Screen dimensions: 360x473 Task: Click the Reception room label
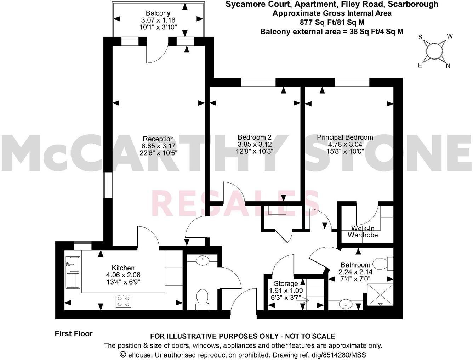[x=158, y=139]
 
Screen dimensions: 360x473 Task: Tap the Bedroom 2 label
[x=254, y=137]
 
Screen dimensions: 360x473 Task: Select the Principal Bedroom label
[x=345, y=137]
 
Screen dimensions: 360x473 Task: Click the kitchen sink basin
[x=73, y=263]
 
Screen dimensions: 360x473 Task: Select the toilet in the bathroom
[x=382, y=264]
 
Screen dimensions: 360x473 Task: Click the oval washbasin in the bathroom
[x=345, y=304]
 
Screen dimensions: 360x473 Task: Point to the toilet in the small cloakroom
[x=202, y=297]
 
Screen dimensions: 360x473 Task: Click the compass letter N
[x=448, y=66]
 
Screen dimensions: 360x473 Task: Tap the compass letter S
[x=421, y=37]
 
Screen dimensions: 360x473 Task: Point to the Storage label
[x=286, y=283]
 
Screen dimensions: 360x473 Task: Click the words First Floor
[x=74, y=333]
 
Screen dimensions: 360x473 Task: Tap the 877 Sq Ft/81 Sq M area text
[x=332, y=22]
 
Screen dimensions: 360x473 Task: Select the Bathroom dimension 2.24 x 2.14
[x=355, y=272]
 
